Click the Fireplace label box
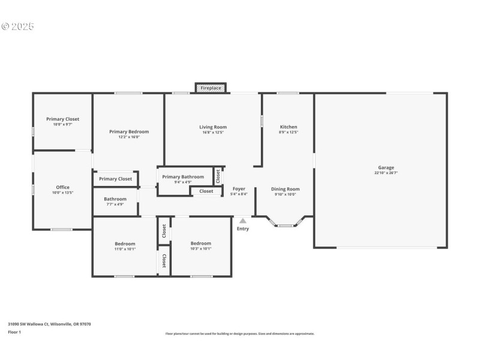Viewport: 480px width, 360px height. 211,88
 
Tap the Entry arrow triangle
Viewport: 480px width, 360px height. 242,221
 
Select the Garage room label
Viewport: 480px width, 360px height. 386,167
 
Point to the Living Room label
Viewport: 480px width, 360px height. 213,127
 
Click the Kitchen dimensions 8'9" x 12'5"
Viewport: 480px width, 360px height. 289,133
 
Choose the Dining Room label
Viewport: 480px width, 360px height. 285,189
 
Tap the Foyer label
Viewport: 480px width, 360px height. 239,189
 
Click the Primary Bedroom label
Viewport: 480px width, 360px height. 129,131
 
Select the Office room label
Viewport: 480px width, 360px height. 62,187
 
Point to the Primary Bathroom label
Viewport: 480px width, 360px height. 183,176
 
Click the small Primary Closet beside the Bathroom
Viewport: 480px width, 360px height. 115,179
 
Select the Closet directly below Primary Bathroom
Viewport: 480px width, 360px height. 206,191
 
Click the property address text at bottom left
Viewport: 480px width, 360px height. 49,324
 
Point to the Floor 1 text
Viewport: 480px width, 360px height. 14,332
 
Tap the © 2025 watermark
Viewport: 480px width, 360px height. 18,26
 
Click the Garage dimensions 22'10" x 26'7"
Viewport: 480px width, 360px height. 386,173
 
